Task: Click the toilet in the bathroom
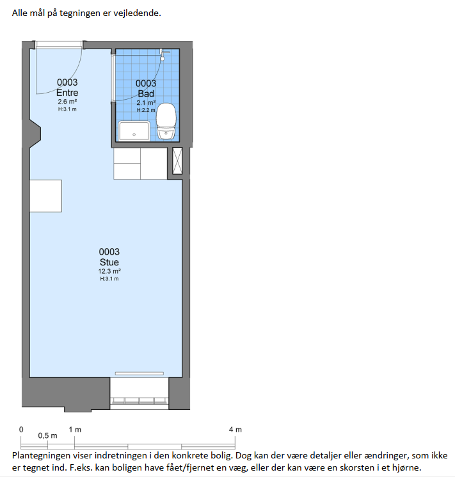click(166, 121)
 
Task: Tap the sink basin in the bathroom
click(134, 131)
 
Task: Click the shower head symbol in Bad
click(163, 55)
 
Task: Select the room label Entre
click(67, 93)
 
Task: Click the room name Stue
click(109, 262)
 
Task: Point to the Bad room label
click(146, 93)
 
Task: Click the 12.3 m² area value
click(109, 271)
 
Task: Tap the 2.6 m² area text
click(67, 102)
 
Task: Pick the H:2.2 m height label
click(146, 110)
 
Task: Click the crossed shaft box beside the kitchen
click(177, 160)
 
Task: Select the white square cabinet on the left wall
click(45, 196)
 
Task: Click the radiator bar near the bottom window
click(139, 373)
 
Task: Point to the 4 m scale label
click(235, 430)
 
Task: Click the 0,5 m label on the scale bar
click(47, 435)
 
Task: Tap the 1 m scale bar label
click(75, 430)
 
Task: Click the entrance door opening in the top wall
click(59, 45)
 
